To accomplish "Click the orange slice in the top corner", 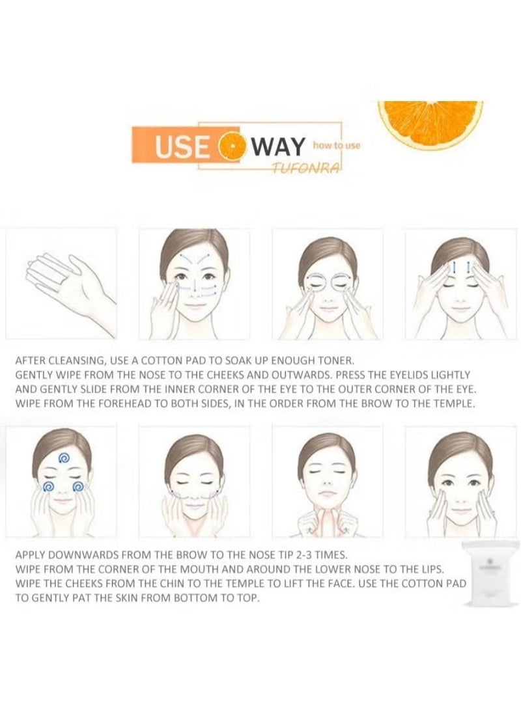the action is [430, 122].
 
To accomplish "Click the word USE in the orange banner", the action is [182, 146].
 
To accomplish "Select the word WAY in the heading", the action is [278, 146].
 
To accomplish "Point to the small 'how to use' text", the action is [337, 145].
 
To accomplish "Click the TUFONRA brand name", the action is [305, 167].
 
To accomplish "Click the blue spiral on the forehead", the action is [64, 458].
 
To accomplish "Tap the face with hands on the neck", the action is [327, 484].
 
